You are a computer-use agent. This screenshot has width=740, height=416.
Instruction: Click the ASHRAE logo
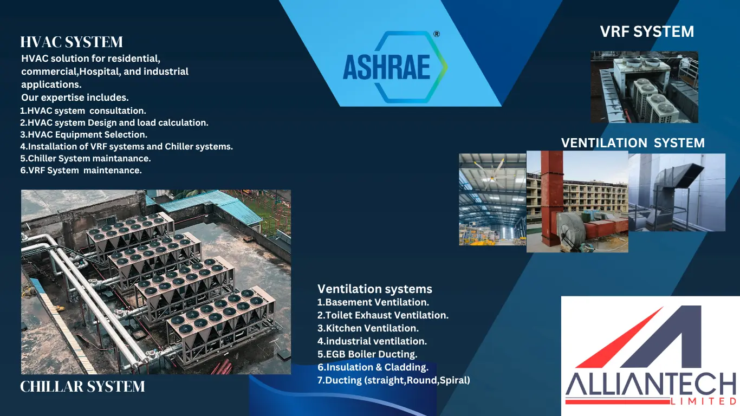(395, 67)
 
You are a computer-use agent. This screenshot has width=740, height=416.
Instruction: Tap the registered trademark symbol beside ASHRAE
(437, 34)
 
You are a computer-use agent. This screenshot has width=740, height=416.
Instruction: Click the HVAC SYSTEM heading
(72, 42)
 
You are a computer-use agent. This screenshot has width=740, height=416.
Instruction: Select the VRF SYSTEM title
(647, 32)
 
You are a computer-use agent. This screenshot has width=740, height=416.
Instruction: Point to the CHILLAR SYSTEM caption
(82, 387)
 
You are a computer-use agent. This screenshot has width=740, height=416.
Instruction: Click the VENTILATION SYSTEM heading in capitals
(633, 143)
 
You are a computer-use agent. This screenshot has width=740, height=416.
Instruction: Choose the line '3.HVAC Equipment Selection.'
(83, 134)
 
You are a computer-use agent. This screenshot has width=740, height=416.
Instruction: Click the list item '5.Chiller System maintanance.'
(85, 158)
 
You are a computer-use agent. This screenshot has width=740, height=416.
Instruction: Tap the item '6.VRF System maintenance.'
(81, 170)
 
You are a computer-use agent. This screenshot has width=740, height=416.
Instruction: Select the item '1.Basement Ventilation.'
(373, 302)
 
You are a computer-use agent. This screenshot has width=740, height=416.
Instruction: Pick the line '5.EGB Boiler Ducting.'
(367, 354)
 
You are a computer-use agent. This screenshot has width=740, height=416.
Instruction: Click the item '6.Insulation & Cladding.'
(373, 367)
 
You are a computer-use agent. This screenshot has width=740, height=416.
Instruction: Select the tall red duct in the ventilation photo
(551, 198)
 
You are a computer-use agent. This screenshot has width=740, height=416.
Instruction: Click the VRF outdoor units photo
(644, 87)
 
